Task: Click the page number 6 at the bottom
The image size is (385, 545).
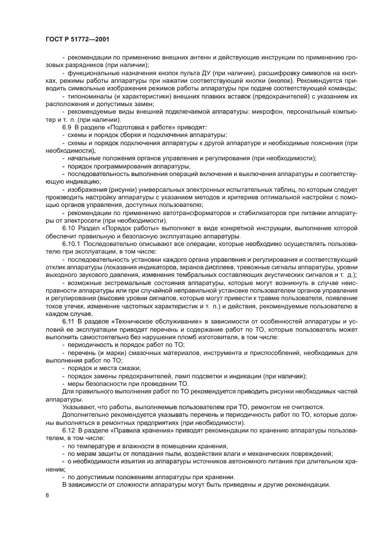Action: (x=47, y=495)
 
